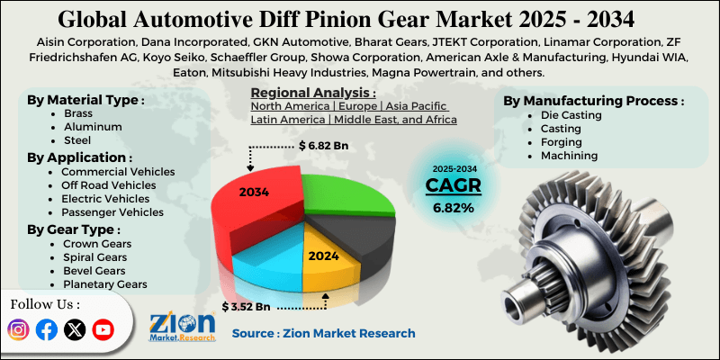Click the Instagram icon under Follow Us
(x=18, y=330)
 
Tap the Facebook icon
(x=47, y=330)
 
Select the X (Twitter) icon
(x=76, y=330)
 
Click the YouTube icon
(x=104, y=330)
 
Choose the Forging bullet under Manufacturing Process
(x=561, y=142)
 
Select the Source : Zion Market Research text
(x=323, y=333)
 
